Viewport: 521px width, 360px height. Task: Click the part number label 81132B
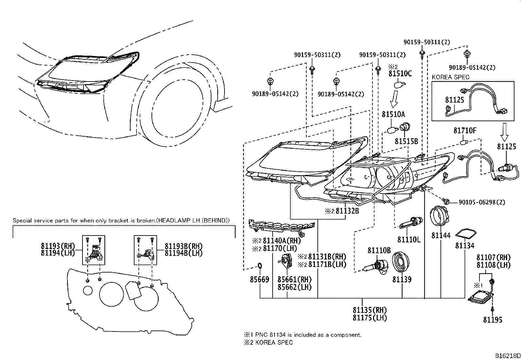(347, 211)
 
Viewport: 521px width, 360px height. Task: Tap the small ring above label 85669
(260, 265)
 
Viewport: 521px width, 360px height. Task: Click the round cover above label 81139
(402, 263)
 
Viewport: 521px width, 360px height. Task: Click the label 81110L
(409, 240)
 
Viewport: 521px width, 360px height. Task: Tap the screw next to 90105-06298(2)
(446, 200)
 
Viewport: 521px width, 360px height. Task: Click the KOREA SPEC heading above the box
(450, 77)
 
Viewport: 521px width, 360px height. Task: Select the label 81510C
(400, 73)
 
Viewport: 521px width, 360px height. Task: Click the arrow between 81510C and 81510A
(395, 100)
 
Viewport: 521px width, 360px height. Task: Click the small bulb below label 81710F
(463, 142)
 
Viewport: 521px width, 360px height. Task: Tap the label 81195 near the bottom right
(493, 320)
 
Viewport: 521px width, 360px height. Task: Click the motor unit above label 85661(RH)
(286, 262)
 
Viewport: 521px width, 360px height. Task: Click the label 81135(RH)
(369, 310)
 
